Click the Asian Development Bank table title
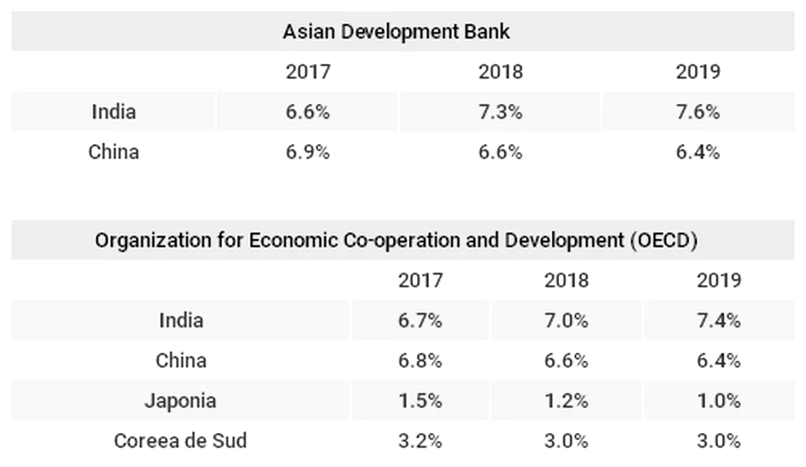pos(396,31)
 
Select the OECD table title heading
pos(396,240)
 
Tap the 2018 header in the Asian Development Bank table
pos(500,71)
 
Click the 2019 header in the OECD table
pos(719,280)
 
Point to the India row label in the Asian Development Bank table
pos(113,111)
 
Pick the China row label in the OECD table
pos(181,361)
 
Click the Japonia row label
pos(180,401)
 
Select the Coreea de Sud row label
pos(180,441)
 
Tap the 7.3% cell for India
pos(500,111)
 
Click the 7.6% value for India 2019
pos(697,111)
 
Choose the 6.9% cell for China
pos(308,152)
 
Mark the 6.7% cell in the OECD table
pos(420,321)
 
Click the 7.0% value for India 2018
pos(566,321)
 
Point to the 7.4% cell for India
pos(719,321)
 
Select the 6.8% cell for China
pos(420,361)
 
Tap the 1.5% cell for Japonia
pos(420,401)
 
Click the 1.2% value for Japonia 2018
pos(566,401)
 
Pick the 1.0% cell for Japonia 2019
pos(719,401)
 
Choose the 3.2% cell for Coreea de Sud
pos(420,441)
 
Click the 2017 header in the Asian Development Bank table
pos(308,71)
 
